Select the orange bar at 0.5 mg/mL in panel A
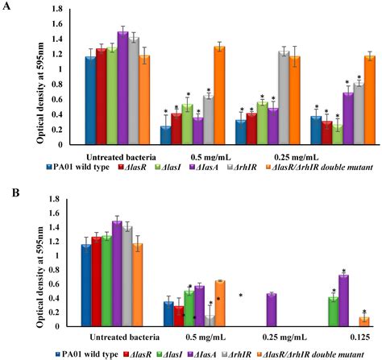[219, 95]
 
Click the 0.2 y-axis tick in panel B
[61, 312]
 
